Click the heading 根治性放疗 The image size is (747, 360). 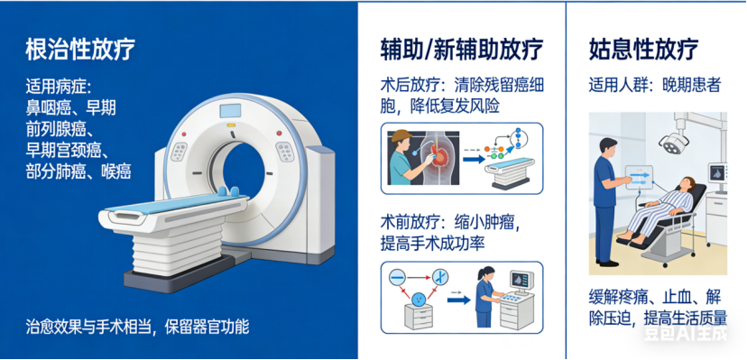pos(80,49)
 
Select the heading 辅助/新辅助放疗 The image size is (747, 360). pos(462,50)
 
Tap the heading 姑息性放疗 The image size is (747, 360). pos(643,49)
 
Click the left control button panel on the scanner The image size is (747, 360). pos(180,152)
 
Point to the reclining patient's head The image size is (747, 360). pos(687,182)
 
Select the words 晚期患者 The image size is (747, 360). pos(691,85)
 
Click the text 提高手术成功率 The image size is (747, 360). pos(432,244)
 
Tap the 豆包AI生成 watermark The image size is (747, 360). pos(686,333)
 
